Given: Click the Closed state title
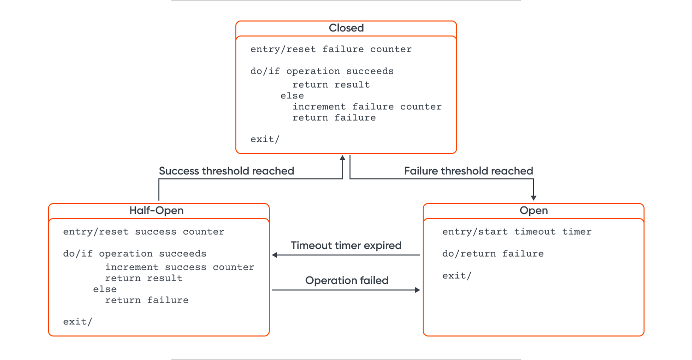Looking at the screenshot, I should tap(346, 28).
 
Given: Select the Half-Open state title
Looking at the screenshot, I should tap(156, 211).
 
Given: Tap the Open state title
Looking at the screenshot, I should tap(533, 211).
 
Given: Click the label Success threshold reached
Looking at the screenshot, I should tap(226, 171).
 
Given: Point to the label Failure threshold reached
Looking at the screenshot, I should tap(468, 171).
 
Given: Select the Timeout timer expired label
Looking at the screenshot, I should tap(346, 245).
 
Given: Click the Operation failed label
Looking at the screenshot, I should tap(347, 280).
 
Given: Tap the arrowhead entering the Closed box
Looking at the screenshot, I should tap(342, 158).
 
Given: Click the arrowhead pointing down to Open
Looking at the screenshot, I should tap(534, 197).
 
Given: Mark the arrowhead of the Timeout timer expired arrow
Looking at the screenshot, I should tap(275, 255).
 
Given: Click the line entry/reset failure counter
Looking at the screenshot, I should tap(331, 49).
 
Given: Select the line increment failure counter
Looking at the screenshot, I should tap(367, 106).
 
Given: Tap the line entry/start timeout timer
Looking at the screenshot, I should tap(517, 232).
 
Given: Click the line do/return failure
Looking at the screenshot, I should tap(493, 254).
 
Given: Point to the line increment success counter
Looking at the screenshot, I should tap(179, 267).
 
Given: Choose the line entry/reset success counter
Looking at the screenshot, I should tap(143, 232).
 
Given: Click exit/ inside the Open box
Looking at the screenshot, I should tap(457, 275).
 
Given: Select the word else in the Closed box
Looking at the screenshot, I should tap(292, 95).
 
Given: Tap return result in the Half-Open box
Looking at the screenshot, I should tap(143, 278).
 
